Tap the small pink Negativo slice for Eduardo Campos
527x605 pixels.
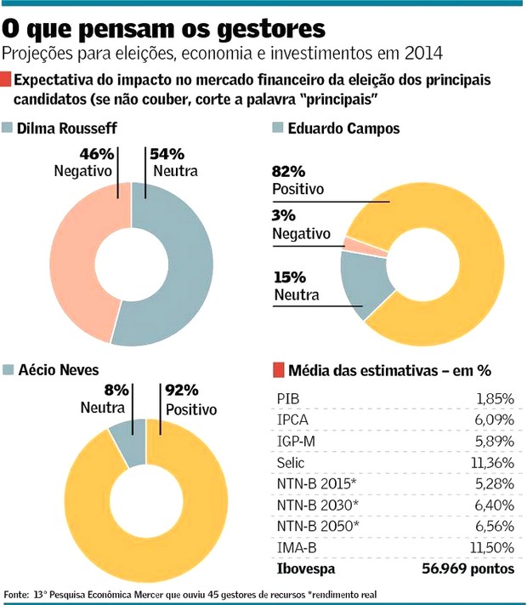coord(349,244)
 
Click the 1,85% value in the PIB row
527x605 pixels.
coord(495,397)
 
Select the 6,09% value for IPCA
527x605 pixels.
coord(494,420)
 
